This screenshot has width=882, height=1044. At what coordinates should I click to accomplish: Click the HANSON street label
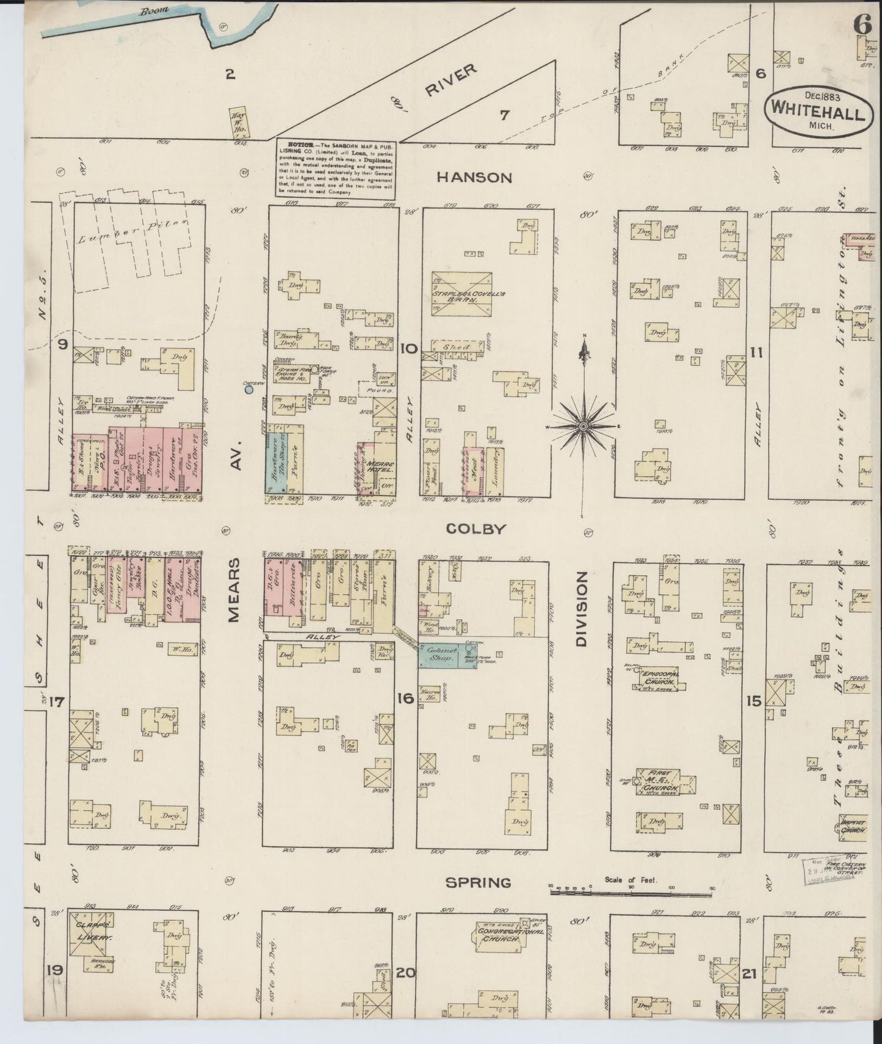[474, 178]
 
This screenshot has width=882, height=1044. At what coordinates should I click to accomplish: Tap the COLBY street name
[475, 529]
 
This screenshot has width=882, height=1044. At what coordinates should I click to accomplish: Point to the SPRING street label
[477, 882]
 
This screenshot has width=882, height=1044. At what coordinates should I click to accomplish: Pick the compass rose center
[584, 425]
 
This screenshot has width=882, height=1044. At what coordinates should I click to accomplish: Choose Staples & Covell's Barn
[461, 294]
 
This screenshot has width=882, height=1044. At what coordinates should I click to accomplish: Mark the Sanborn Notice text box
[334, 169]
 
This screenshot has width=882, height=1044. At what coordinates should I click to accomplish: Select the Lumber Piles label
[130, 231]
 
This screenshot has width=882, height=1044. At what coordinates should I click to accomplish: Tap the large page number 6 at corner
[862, 25]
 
